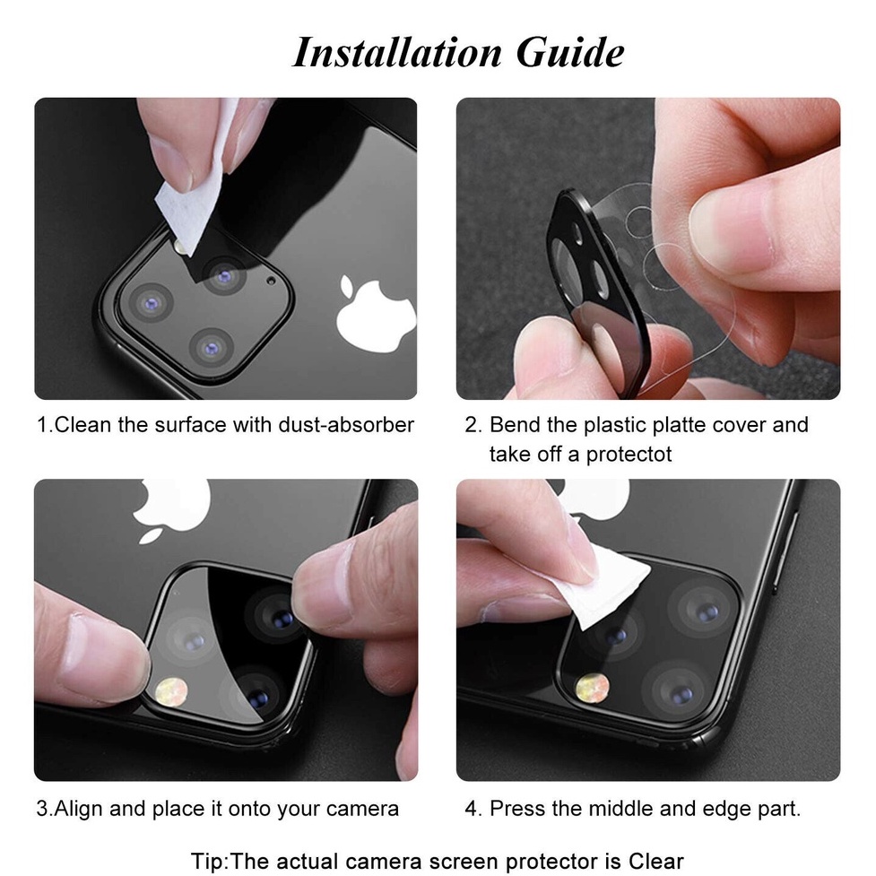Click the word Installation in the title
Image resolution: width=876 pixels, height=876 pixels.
[x=397, y=53]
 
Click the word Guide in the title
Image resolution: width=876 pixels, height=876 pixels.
[x=570, y=53]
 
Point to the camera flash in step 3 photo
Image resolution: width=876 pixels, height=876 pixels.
[x=171, y=691]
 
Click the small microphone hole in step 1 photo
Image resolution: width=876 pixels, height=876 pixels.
[x=272, y=281]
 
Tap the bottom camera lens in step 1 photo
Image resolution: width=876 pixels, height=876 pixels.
[x=212, y=348]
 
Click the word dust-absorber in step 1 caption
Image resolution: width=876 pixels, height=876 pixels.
[x=346, y=425]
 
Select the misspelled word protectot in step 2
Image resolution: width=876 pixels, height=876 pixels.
[x=629, y=455]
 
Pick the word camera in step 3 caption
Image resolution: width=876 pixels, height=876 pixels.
[x=362, y=810]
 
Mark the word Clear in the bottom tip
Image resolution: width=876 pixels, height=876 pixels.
[x=656, y=862]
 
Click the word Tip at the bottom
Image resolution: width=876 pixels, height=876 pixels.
[x=210, y=862]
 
